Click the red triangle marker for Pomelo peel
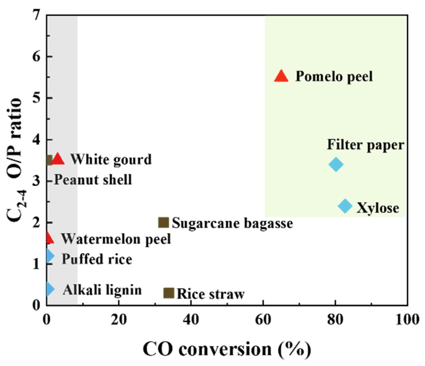click(x=281, y=76)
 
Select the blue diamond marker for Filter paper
click(x=336, y=164)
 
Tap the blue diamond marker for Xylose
click(x=345, y=206)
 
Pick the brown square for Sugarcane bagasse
click(x=164, y=222)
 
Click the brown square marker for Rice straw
click(x=169, y=293)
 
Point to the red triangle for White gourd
click(x=58, y=159)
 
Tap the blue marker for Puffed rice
click(x=50, y=255)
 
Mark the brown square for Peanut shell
click(x=49, y=160)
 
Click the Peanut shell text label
click(x=93, y=180)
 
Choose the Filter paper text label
click(x=365, y=145)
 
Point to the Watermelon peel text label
click(x=116, y=239)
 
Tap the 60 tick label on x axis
click(x=263, y=320)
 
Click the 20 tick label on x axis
click(x=119, y=320)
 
